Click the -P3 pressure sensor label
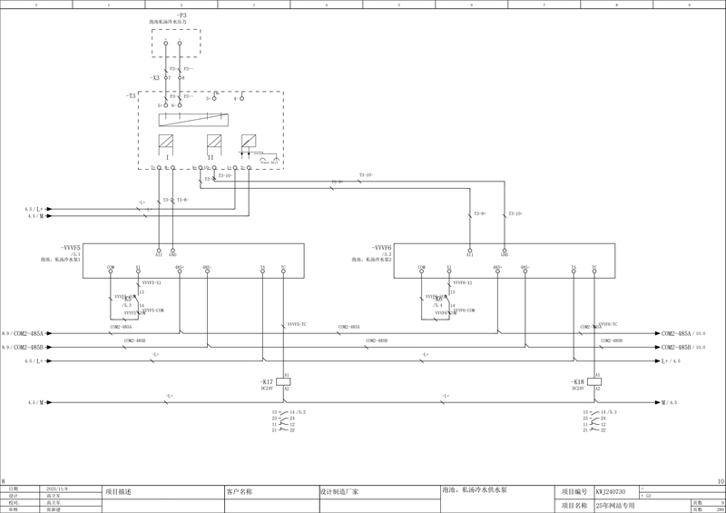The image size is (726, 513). tap(181, 15)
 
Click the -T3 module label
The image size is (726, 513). tap(131, 95)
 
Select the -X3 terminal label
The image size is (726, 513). tap(155, 78)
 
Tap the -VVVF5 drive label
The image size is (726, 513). tap(71, 247)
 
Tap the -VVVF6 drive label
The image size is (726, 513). tap(381, 247)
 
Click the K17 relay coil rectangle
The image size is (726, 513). tap(283, 381)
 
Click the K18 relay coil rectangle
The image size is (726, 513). tap(596, 381)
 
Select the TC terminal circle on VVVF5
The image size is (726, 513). tap(283, 271)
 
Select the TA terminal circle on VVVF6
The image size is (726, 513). tap(574, 271)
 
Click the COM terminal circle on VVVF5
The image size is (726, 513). tap(111, 271)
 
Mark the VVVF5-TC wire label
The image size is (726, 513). tap(297, 324)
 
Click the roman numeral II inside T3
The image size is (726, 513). tap(211, 157)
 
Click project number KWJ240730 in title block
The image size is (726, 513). tap(611, 491)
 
